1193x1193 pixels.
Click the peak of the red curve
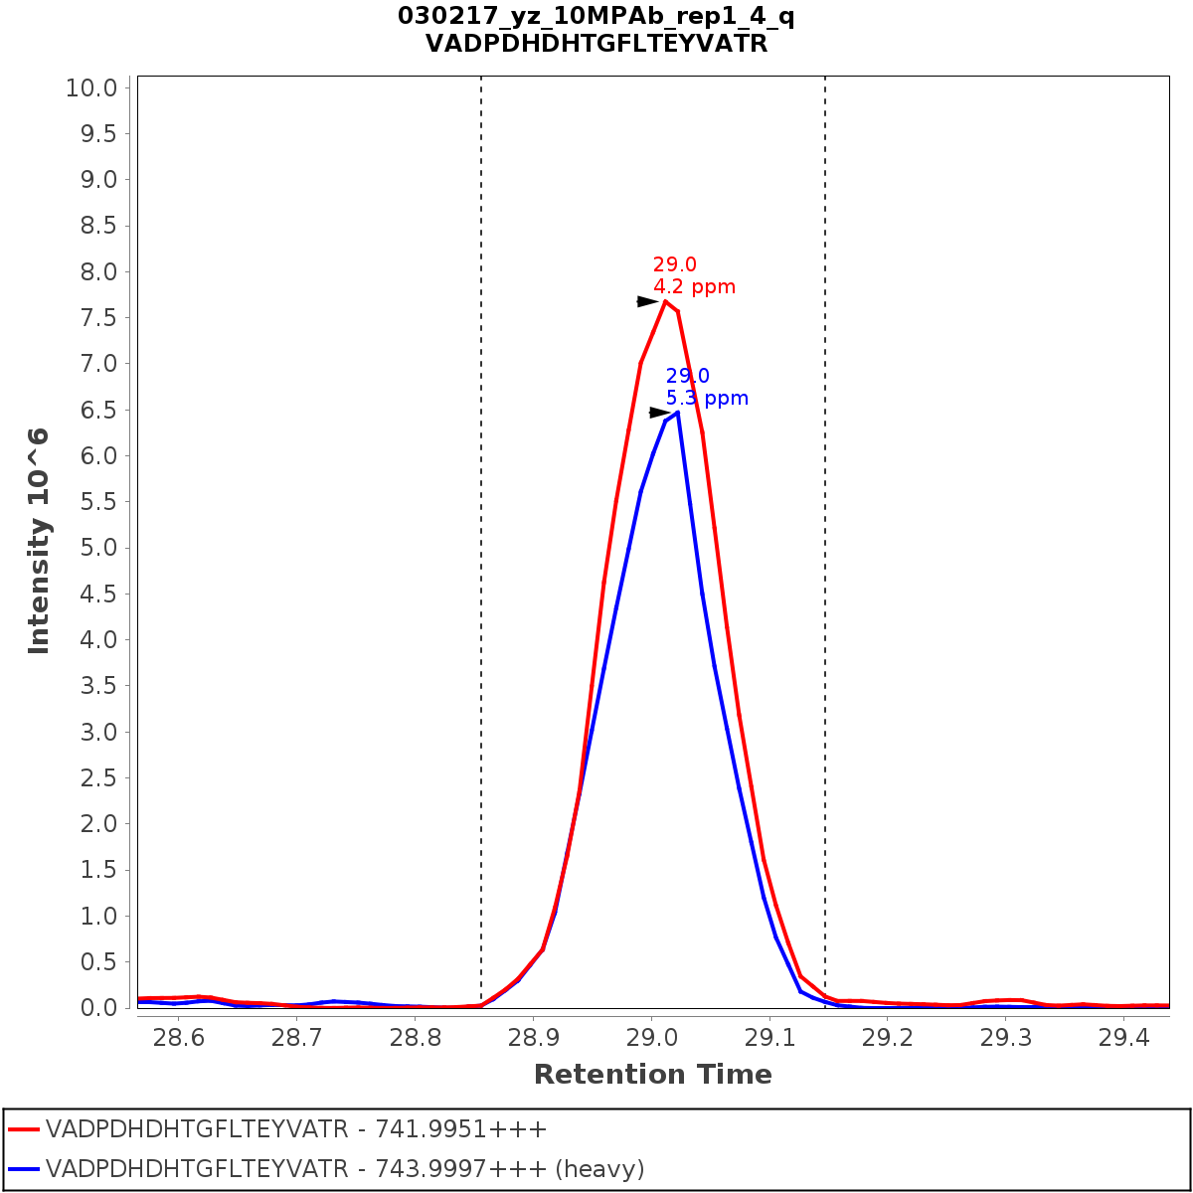665,300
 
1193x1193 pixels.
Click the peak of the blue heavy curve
677,412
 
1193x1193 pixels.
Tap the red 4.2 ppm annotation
694,287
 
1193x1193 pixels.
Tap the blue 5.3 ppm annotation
707,399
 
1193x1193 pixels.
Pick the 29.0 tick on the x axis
651,1038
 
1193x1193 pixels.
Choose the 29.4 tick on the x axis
1123,1038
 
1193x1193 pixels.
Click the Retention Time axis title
652,1075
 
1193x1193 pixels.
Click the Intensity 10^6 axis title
39,541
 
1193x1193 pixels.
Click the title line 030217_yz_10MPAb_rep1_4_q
596,17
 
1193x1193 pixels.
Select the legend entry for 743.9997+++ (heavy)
345,1169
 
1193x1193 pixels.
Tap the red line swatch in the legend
23,1129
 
